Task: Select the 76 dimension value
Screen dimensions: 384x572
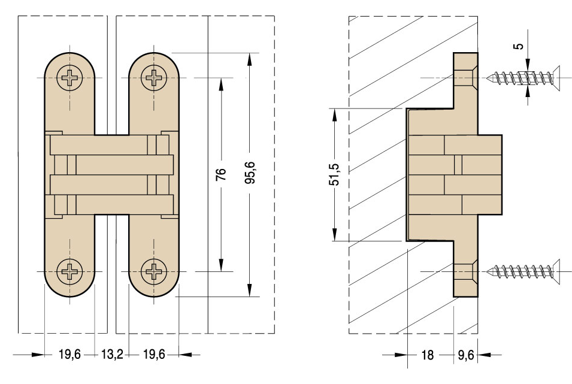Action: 222,174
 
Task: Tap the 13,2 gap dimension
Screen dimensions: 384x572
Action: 111,355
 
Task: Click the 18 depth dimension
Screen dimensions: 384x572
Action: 427,355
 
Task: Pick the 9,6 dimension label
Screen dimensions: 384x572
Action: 466,355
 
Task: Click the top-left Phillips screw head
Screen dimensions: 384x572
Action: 70,78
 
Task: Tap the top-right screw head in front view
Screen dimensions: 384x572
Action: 154,78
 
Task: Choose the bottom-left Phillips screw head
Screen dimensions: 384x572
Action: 70,271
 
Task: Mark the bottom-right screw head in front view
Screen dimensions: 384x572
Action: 154,271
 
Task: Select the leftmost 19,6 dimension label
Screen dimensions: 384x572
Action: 69,355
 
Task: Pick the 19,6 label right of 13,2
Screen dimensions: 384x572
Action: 154,355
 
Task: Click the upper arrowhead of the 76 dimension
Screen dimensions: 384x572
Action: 222,83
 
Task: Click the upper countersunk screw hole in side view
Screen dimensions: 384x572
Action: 465,78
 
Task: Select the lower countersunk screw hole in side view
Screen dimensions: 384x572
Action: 465,271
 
